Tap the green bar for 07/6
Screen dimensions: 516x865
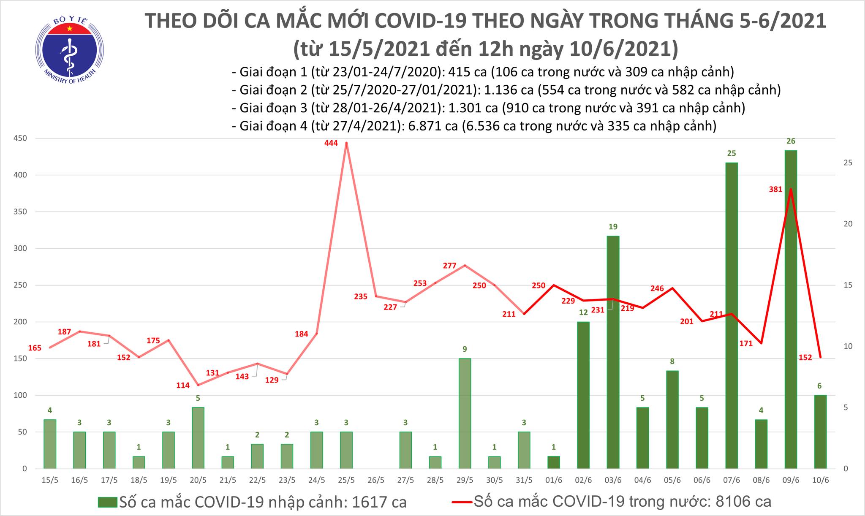tap(732, 315)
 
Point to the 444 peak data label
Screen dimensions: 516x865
tap(331, 143)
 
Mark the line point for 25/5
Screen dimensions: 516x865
tap(346, 143)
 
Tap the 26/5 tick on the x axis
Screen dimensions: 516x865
tap(376, 480)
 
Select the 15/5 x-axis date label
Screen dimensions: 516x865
tap(50, 480)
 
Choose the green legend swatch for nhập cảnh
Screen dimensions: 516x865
tap(108, 502)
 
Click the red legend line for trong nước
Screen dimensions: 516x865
tap(462, 502)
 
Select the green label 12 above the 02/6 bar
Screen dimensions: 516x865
tap(583, 312)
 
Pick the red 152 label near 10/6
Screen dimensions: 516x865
tap(805, 358)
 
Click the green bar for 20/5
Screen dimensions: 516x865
tap(198, 437)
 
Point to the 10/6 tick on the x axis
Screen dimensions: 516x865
tap(820, 480)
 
